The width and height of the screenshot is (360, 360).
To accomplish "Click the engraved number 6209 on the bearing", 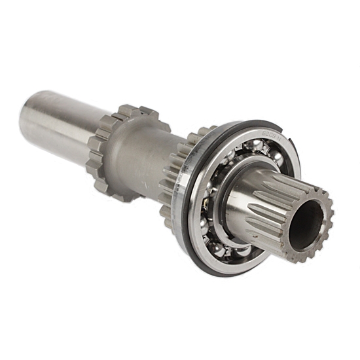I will coord(268,134).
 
